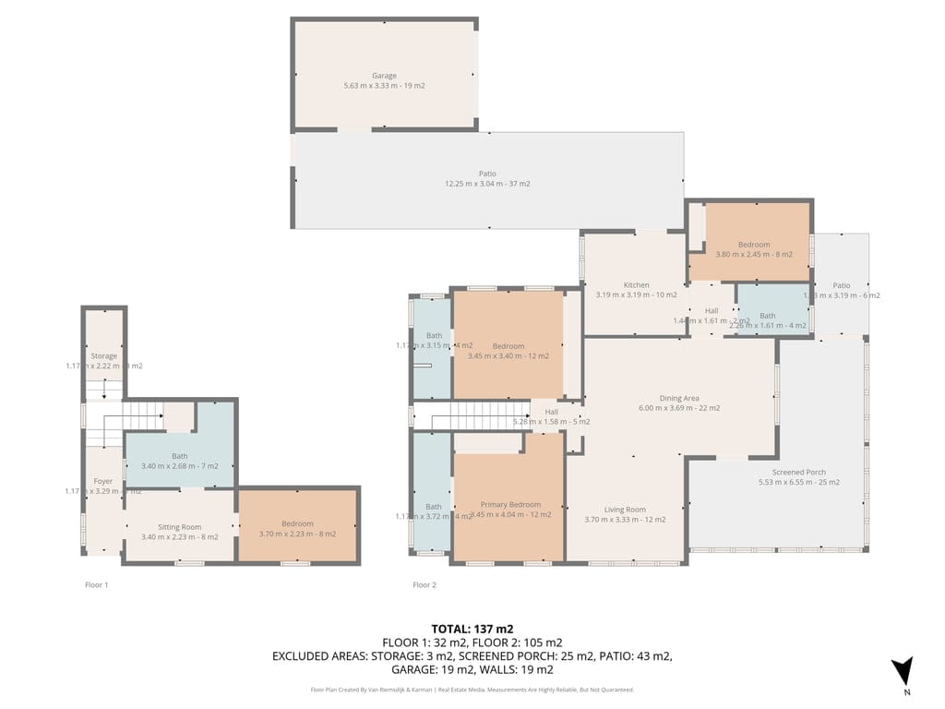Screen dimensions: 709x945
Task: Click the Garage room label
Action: [x=384, y=76]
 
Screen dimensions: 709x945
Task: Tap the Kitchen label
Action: [x=636, y=285]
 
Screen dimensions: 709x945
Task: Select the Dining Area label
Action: [x=679, y=399]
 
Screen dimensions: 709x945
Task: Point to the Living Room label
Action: [x=625, y=510]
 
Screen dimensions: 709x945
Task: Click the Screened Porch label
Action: [x=798, y=472]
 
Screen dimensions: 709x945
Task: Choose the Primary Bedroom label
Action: [x=510, y=505]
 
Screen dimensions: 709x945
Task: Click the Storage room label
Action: [x=103, y=356]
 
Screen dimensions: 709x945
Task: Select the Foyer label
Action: [x=102, y=482]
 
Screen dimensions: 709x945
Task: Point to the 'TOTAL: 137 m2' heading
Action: [x=472, y=629]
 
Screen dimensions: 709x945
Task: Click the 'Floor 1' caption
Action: [x=96, y=584]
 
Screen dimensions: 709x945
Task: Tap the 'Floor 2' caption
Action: [x=425, y=584]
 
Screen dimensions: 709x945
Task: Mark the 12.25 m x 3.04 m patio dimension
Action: [x=487, y=184]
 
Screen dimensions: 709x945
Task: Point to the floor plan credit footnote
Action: [x=472, y=690]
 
